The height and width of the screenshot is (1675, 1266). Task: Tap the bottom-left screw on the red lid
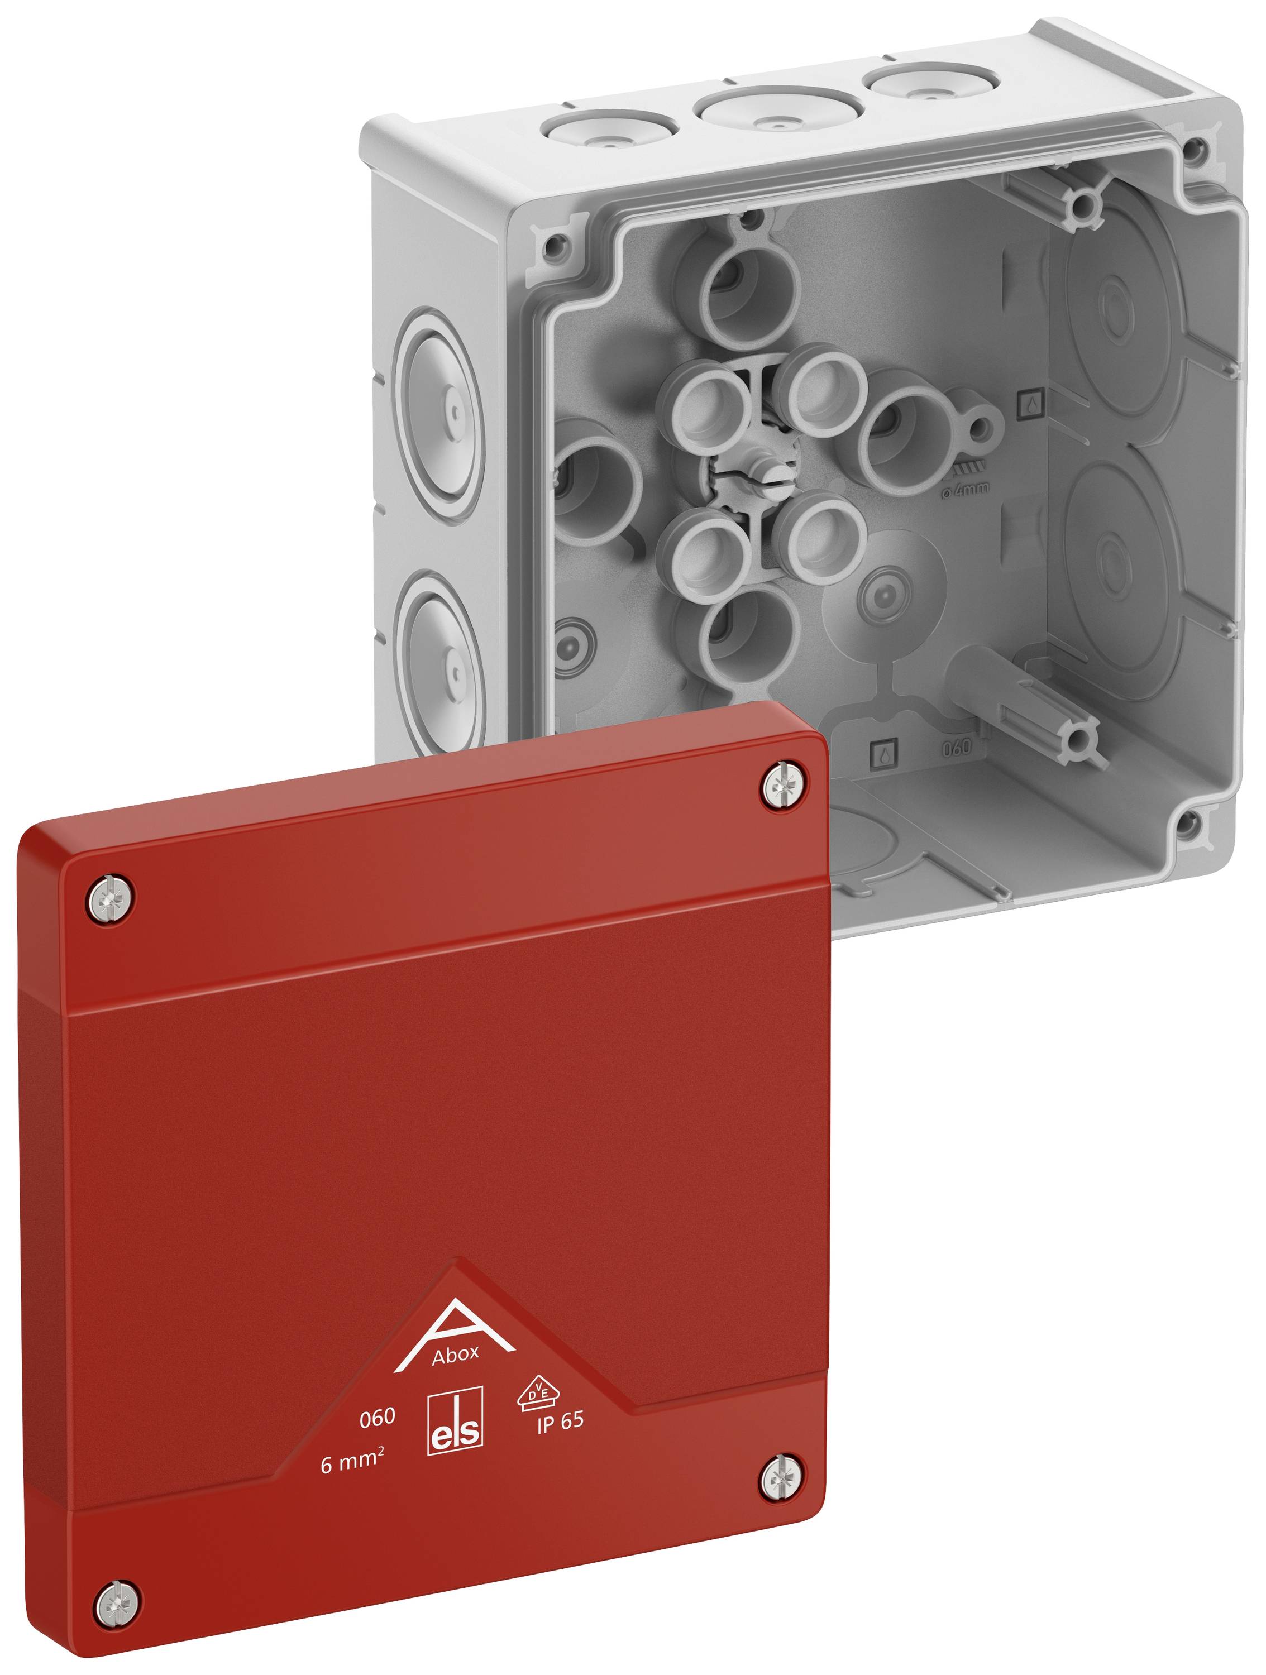pos(117,1602)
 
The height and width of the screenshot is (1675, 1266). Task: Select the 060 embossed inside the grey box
pos(956,748)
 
